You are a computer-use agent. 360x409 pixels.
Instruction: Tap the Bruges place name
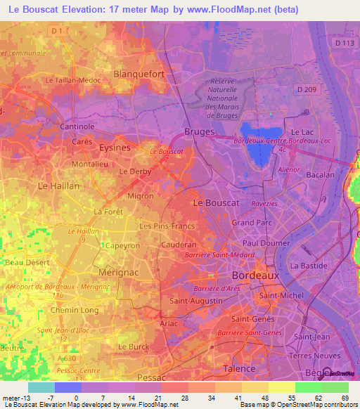tap(198, 131)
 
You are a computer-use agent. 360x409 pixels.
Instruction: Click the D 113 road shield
tap(345, 44)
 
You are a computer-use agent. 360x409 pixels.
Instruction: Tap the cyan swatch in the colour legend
tap(41, 387)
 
